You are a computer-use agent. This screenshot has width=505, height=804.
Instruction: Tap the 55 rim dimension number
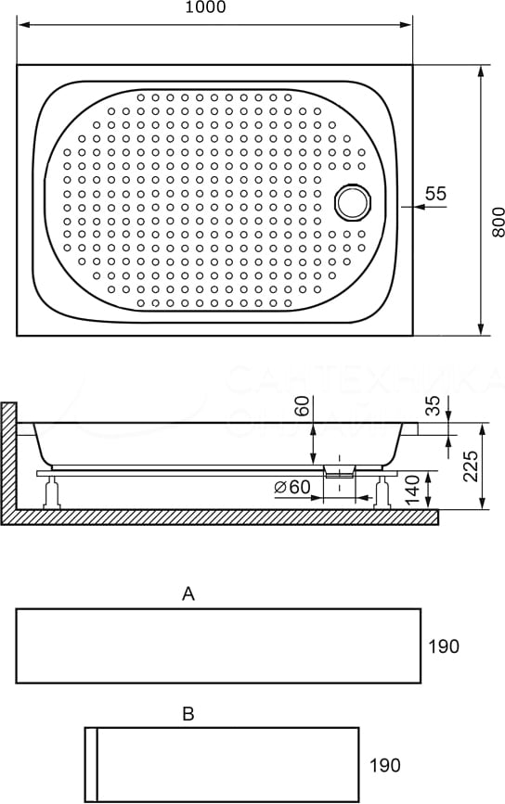(435, 194)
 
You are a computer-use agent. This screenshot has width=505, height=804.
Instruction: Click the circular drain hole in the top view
(352, 201)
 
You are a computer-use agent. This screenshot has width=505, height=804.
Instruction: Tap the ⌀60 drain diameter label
(291, 488)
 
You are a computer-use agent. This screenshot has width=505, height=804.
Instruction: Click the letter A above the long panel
(188, 594)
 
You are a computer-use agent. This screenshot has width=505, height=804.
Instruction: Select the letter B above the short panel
(188, 714)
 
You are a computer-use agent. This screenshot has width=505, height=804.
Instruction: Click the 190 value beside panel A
(444, 646)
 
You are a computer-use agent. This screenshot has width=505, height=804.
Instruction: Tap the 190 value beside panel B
(384, 766)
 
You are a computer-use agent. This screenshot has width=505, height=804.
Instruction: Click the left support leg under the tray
(53, 491)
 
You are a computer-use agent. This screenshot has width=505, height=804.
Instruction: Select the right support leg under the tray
(381, 491)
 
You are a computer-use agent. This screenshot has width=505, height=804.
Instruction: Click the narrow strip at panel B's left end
(91, 764)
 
